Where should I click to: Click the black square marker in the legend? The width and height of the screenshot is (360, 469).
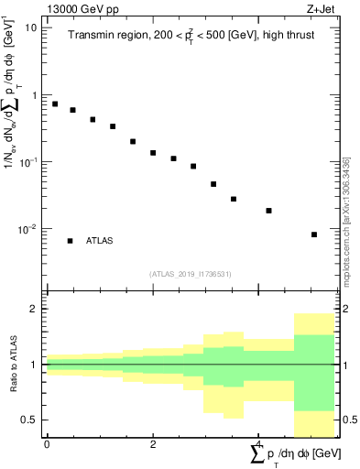coord(70,241)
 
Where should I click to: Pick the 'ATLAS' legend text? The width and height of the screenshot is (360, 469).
coord(100,241)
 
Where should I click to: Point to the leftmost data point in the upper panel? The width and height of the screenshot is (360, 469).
coord(55,104)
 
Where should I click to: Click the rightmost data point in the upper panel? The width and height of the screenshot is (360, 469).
coord(314,234)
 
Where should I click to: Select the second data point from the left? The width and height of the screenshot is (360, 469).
coord(73,110)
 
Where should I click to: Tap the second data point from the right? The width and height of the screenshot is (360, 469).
coord(269,211)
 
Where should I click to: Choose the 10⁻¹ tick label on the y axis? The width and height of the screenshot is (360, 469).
coord(27,161)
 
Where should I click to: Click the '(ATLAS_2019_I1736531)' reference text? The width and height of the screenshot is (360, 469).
coord(191,274)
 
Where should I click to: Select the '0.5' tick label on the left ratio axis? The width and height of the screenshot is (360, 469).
coord(28,420)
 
